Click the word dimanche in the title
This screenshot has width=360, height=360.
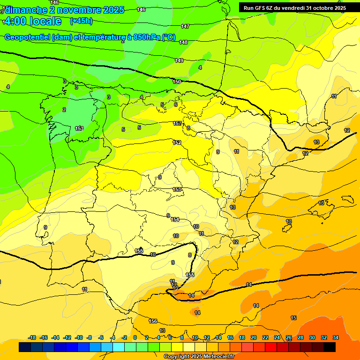(x=26, y=10)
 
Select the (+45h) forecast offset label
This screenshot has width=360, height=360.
(x=81, y=21)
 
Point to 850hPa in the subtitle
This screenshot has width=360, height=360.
(x=147, y=37)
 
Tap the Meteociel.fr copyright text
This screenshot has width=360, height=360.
(x=198, y=357)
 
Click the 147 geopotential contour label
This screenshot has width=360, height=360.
(x=185, y=26)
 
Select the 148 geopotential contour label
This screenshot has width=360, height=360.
(x=183, y=42)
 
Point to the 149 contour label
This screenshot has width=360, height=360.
(x=179, y=60)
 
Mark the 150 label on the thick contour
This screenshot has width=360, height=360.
(x=176, y=82)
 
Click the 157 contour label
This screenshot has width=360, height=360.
(x=177, y=123)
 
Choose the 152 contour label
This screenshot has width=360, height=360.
(x=177, y=142)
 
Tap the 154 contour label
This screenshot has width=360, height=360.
(x=175, y=219)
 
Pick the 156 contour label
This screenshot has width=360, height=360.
(x=153, y=321)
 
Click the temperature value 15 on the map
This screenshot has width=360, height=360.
(x=293, y=318)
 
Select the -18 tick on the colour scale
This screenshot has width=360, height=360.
(x=32, y=337)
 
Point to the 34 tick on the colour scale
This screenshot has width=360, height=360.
(x=336, y=337)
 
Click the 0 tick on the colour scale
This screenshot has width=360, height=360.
(x=135, y=337)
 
